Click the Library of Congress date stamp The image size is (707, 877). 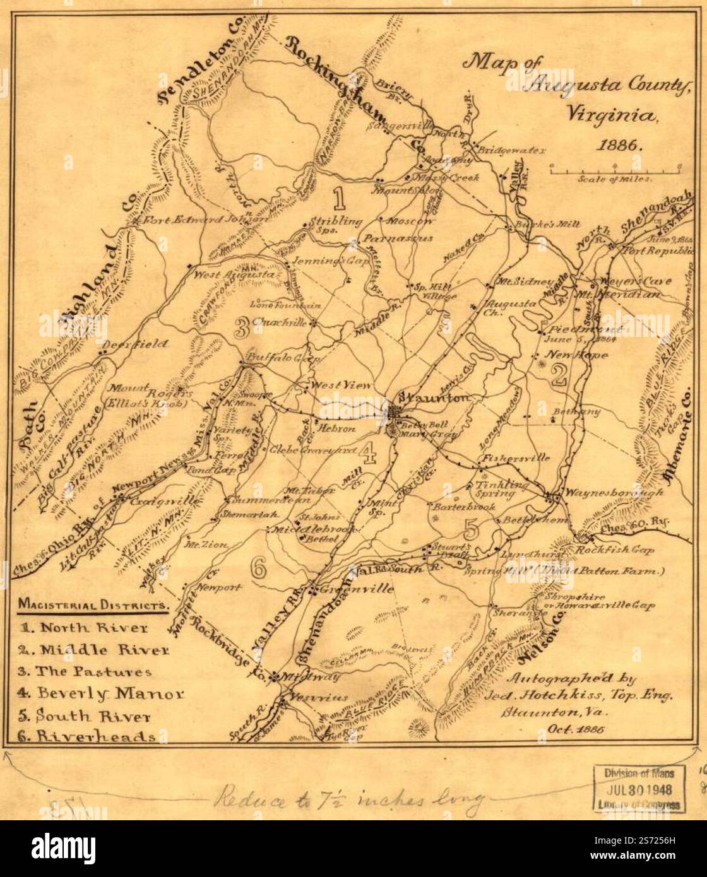point(639,788)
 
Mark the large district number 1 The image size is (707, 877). point(339,198)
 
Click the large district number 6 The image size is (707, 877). point(258,568)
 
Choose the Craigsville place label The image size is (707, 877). point(165,501)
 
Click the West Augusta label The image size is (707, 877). point(234,275)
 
